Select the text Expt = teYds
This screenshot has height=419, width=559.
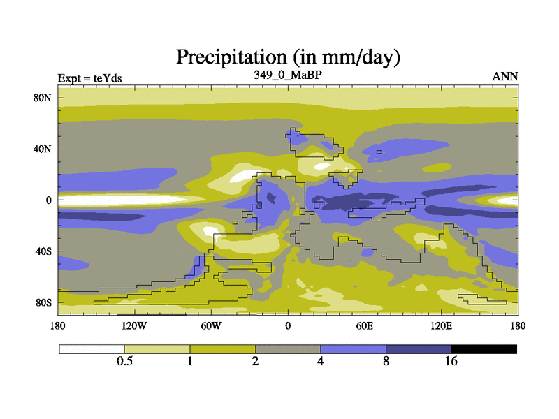click(x=90, y=78)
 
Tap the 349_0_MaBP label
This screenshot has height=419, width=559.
click(x=287, y=74)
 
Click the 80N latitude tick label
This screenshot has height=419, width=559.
click(x=44, y=98)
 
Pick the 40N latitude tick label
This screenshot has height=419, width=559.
click(x=44, y=149)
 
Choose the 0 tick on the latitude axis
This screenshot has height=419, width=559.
click(x=50, y=200)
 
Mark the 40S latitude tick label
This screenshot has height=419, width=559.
click(x=44, y=251)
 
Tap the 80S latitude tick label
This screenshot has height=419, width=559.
click(x=44, y=302)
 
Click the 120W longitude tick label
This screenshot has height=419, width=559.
click(x=134, y=325)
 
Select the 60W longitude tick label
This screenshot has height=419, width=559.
click(x=211, y=325)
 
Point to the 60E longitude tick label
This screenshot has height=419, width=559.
click(x=365, y=325)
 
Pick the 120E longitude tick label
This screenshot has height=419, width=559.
click(x=442, y=325)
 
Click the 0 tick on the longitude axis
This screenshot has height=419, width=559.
click(x=288, y=325)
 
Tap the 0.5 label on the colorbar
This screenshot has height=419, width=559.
click(x=124, y=361)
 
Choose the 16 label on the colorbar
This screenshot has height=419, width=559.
click(x=451, y=361)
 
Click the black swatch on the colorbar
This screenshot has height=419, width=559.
click(x=484, y=348)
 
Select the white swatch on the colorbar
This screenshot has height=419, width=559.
click(x=92, y=348)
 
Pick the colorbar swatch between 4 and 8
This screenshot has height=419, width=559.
click(x=354, y=348)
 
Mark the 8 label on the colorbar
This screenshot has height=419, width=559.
click(x=386, y=361)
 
